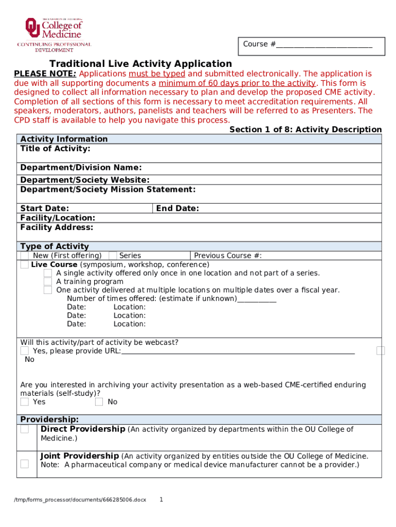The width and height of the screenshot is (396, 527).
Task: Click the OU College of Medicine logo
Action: point(55,34)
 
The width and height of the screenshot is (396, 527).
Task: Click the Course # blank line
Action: point(323,45)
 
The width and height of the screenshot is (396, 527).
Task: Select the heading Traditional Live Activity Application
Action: point(140,64)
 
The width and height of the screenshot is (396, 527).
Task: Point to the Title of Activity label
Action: point(55,149)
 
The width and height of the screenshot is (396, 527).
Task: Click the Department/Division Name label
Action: point(81,168)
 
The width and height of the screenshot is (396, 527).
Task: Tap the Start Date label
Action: point(44,208)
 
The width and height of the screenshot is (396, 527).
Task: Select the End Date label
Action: point(177,208)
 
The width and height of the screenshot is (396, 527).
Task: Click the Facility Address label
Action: point(57,227)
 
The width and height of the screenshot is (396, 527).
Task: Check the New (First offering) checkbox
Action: point(25,256)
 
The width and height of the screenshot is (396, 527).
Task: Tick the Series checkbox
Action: point(113,256)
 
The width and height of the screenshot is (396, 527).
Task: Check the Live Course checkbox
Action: point(25,265)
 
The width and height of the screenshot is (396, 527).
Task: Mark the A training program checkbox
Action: point(47,282)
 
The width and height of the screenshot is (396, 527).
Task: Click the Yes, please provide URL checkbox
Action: point(25,351)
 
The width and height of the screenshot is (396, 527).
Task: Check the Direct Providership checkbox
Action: point(25,429)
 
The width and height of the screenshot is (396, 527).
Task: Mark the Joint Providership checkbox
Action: point(25,464)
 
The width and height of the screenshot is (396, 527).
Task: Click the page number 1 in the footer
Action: point(161,499)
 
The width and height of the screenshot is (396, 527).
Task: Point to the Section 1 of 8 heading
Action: point(305,130)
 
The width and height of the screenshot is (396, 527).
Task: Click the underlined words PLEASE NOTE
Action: point(45,74)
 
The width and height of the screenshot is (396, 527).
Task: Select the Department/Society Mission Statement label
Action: point(107,189)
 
